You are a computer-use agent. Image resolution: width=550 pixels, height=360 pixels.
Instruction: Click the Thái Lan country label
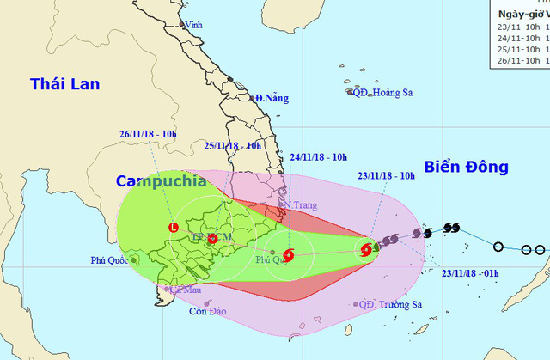pyautogui.click(x=65, y=84)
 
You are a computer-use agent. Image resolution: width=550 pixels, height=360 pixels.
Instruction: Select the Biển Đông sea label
pyautogui.click(x=467, y=167)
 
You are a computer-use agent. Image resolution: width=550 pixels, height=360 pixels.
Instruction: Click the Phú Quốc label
pyautogui.click(x=109, y=260)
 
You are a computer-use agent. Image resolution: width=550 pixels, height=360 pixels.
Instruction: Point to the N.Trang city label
pyautogui.click(x=301, y=205)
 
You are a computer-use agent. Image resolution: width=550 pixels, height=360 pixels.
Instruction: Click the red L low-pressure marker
pyautogui.click(x=174, y=228)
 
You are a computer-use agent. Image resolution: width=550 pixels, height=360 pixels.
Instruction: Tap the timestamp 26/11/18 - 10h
pyautogui.click(x=148, y=133)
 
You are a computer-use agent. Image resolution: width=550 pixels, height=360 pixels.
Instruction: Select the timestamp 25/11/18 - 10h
pyautogui.click(x=232, y=146)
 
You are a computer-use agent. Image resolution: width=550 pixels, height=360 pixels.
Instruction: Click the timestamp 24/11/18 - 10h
pyautogui.click(x=318, y=157)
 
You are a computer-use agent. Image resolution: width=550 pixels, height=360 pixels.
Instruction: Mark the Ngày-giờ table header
pyautogui.click(x=521, y=14)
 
